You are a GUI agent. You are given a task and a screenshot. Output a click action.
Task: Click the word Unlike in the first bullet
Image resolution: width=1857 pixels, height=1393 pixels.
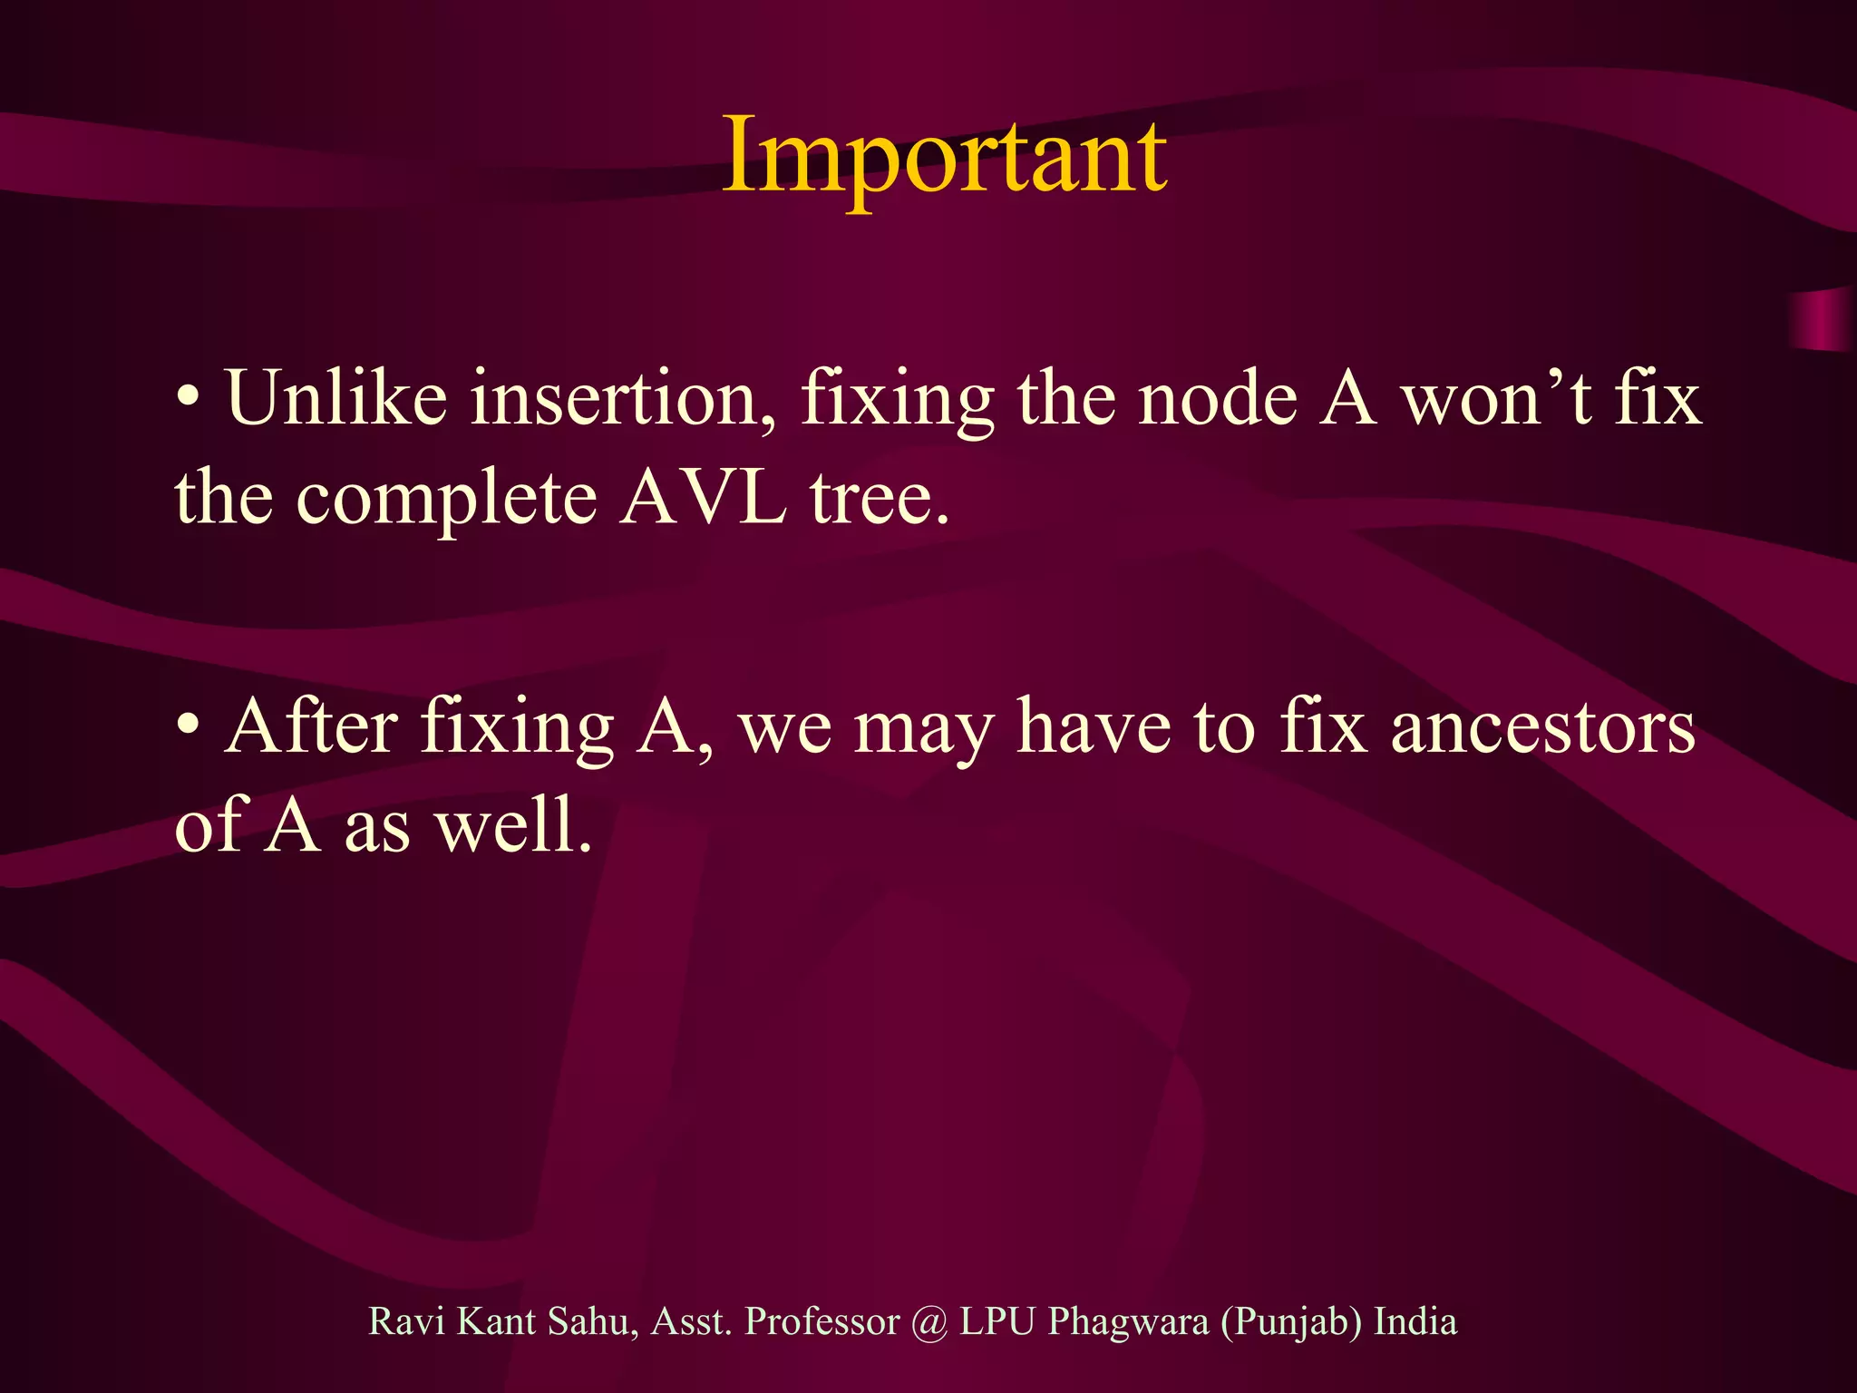click(x=336, y=398)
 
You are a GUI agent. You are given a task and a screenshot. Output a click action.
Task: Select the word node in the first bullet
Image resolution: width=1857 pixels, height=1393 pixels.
click(x=1218, y=400)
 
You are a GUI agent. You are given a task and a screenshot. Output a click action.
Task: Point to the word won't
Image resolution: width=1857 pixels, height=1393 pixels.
click(x=1497, y=398)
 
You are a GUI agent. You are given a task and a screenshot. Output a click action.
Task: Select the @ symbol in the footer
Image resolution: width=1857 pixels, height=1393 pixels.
click(x=929, y=1322)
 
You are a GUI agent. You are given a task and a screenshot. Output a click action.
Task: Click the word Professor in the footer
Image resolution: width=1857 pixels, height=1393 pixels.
click(x=822, y=1321)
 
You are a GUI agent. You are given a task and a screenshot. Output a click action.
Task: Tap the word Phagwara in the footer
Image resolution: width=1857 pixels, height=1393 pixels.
click(x=1128, y=1323)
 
